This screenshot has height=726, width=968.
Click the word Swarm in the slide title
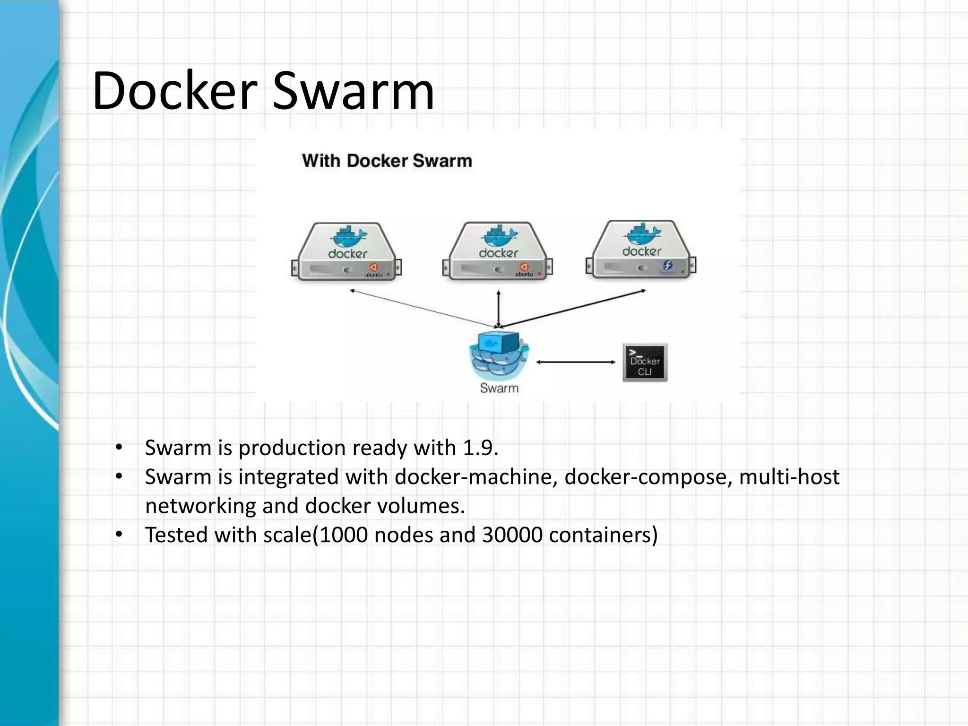point(353,91)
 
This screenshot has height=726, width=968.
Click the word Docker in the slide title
point(175,91)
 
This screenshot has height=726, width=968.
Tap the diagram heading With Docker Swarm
point(387,161)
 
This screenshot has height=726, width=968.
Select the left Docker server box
point(346,253)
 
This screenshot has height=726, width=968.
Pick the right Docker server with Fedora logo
point(640,250)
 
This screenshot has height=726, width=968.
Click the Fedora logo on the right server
point(667,266)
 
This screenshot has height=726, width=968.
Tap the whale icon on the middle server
point(499,235)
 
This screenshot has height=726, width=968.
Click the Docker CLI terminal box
point(645,363)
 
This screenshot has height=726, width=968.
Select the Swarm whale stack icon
point(499,354)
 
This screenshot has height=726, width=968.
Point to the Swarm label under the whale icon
point(499,388)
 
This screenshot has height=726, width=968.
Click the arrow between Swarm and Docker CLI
point(576,362)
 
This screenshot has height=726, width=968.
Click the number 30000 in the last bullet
point(512,535)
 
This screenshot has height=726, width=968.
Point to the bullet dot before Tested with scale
point(119,535)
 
